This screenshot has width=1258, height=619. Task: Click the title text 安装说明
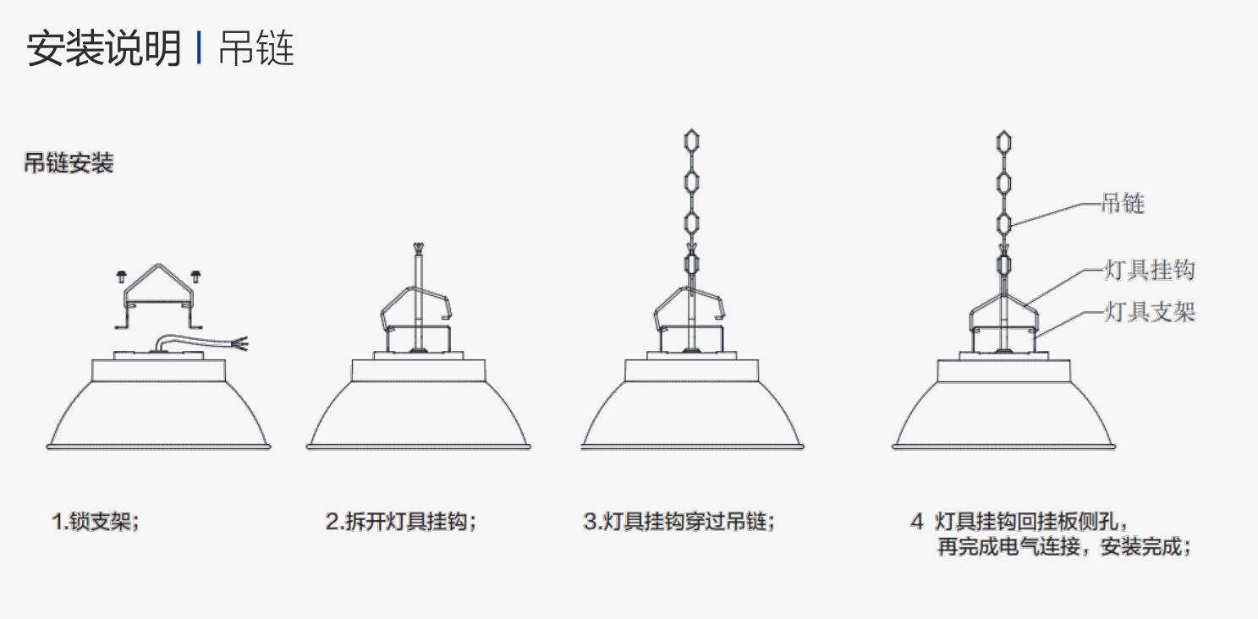pyautogui.click(x=104, y=48)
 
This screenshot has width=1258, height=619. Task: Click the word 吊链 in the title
pyautogui.click(x=256, y=48)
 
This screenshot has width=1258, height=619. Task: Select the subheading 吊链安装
pyautogui.click(x=69, y=163)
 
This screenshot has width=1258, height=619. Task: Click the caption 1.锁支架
pyautogui.click(x=96, y=522)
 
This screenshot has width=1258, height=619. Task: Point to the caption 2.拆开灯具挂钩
pyautogui.click(x=401, y=522)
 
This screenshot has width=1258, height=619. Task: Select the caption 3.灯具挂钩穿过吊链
pyautogui.click(x=679, y=522)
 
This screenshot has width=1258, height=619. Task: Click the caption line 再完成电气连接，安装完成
pyautogui.click(x=1064, y=546)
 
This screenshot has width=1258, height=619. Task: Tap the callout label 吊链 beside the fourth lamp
pyautogui.click(x=1123, y=203)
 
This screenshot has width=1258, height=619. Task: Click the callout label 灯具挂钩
pyautogui.click(x=1150, y=270)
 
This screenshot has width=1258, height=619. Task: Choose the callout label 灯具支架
pyautogui.click(x=1150, y=312)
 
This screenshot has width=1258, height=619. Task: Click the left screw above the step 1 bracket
pyautogui.click(x=121, y=277)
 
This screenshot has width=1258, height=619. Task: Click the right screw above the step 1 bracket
pyautogui.click(x=195, y=277)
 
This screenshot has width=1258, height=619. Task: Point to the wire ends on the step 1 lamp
pyautogui.click(x=240, y=343)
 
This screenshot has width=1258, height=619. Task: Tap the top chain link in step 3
pyautogui.click(x=691, y=140)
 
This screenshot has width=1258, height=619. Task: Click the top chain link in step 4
pyautogui.click(x=1003, y=141)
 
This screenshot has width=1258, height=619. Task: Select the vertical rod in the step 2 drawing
pyautogui.click(x=418, y=300)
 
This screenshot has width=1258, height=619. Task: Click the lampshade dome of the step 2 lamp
pyautogui.click(x=419, y=414)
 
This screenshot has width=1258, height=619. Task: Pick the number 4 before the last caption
pyautogui.click(x=917, y=522)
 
